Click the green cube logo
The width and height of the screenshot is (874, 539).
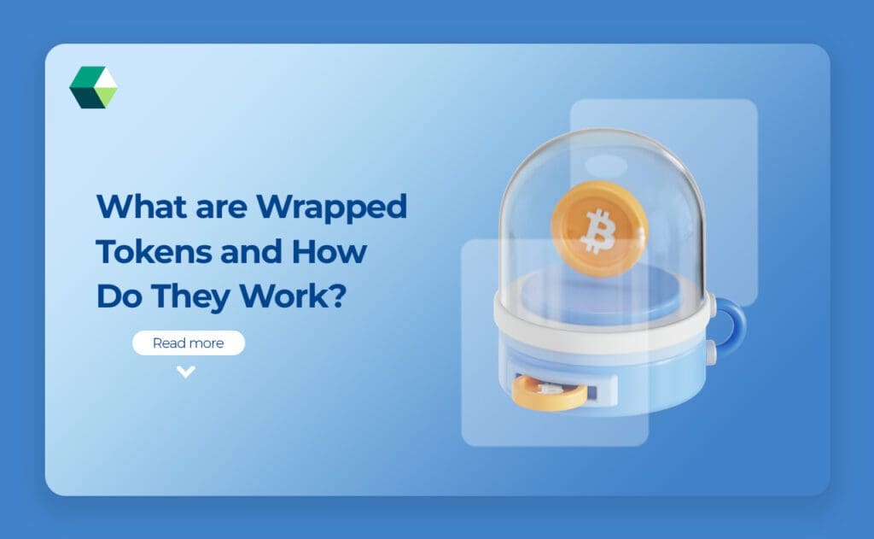tap(93, 87)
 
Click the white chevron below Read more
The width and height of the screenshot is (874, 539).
tap(186, 372)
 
